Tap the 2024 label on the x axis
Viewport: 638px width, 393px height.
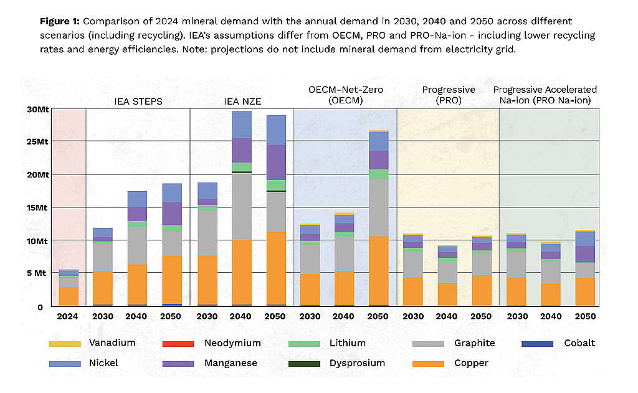69,316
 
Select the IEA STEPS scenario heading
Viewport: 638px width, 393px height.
138,101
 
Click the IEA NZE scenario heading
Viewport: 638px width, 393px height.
241,101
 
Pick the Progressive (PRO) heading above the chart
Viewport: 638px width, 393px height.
449,95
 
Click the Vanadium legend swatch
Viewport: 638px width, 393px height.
64,344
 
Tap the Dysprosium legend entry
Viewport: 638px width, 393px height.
357,362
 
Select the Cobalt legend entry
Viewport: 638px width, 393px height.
579,343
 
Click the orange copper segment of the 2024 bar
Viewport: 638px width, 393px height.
69,296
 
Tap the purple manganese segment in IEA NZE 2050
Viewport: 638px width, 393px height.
276,162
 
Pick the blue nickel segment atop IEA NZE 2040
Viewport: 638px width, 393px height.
241,125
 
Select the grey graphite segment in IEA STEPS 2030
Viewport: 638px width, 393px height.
103,257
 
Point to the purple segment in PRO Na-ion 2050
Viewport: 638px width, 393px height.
584,254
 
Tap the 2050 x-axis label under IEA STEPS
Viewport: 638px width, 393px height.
172,316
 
